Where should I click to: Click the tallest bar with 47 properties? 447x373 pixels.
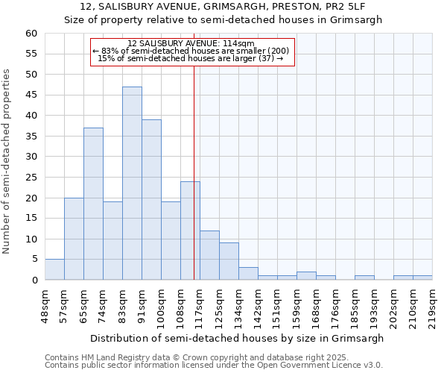pyautogui.click(x=132, y=183)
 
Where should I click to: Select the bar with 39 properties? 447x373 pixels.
pyautogui.click(x=151, y=199)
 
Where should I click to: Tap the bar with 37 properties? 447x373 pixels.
pyautogui.click(x=93, y=204)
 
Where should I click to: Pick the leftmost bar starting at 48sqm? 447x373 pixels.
pyautogui.click(x=54, y=269)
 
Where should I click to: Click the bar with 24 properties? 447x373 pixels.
pyautogui.click(x=190, y=231)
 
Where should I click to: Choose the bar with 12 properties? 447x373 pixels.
pyautogui.click(x=209, y=255)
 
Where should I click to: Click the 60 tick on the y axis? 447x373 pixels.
pyautogui.click(x=31, y=34)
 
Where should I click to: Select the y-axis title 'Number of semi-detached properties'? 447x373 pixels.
pyautogui.click(x=7, y=161)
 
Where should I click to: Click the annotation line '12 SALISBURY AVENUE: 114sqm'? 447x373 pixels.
pyautogui.click(x=191, y=43)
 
